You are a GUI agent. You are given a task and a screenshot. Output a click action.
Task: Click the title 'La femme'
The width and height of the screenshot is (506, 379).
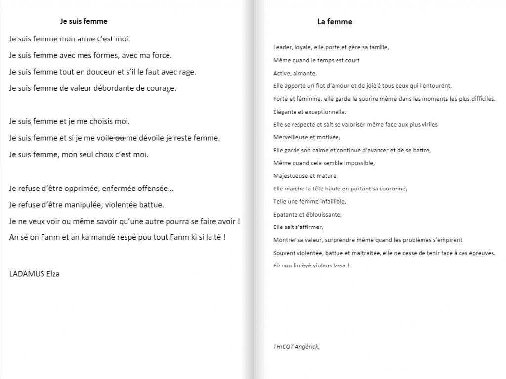coord(335,22)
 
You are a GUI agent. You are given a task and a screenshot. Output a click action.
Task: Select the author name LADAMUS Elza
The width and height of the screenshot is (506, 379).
coord(35,274)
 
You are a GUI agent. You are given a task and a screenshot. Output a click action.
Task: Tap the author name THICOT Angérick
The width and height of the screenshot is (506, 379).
coord(296,346)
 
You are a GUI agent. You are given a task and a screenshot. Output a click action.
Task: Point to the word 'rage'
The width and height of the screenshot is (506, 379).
coord(186,72)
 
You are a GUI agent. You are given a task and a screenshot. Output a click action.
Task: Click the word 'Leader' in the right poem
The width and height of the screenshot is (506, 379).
coord(282,48)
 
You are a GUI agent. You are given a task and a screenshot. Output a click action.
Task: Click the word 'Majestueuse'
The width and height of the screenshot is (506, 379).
coord(289,176)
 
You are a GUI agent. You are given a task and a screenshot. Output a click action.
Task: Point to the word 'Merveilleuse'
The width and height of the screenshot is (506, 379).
coord(290,137)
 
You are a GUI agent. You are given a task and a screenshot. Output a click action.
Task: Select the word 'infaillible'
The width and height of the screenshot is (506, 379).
coord(329,201)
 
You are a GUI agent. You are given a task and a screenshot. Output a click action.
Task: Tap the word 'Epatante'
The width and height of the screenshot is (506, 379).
coord(285,215)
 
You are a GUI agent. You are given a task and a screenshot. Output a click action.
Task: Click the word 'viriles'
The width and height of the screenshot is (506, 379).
coord(428,125)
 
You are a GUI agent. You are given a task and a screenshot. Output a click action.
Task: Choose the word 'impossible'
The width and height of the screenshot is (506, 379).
coord(357,163)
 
